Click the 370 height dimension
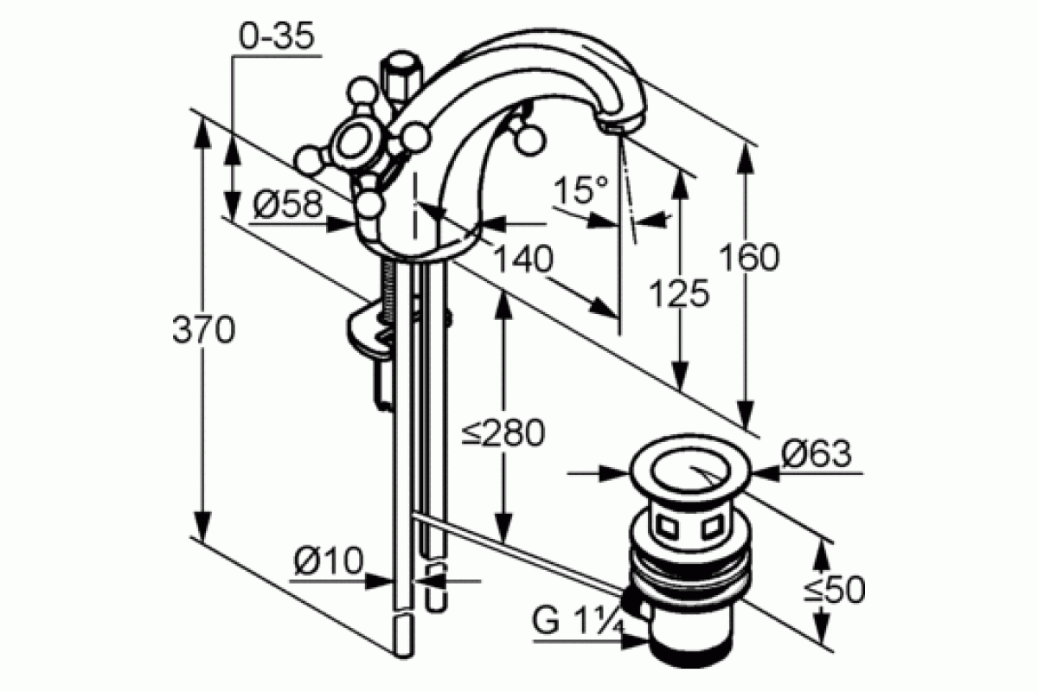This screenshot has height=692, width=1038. (x=204, y=330)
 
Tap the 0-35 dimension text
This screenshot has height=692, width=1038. (x=277, y=36)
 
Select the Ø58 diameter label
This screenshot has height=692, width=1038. (x=288, y=204)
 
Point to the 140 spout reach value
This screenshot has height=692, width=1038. (x=523, y=259)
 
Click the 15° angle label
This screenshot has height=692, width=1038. (x=580, y=189)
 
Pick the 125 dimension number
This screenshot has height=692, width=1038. (x=679, y=293)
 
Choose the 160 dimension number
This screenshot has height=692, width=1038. (x=749, y=257)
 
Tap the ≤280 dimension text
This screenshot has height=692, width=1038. (x=503, y=432)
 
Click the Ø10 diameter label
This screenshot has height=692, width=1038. (x=329, y=561)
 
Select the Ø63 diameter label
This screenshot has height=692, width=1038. (x=817, y=453)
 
